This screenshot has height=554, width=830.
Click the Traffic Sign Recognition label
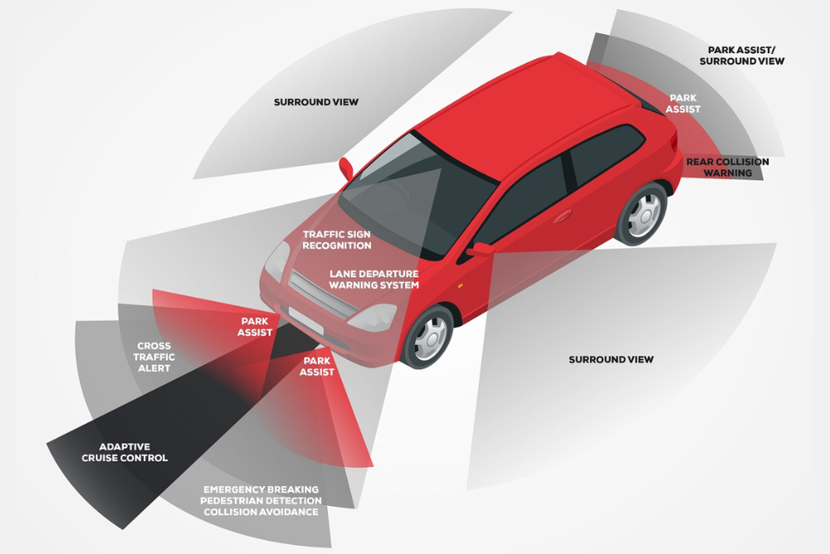(337, 240)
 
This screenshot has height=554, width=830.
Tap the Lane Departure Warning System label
(373, 279)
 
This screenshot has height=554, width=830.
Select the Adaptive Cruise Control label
(124, 453)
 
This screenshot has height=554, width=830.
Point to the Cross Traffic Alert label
(154, 357)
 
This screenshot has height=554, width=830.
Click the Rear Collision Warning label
(727, 167)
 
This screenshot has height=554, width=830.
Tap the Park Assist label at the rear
(684, 104)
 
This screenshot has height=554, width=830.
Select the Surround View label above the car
(316, 102)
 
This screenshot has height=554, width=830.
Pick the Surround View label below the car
(611, 360)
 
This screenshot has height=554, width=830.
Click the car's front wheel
(429, 336)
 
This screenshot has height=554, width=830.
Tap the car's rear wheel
(641, 213)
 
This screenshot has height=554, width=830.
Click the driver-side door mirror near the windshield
(346, 167)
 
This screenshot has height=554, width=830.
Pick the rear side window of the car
(607, 153)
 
